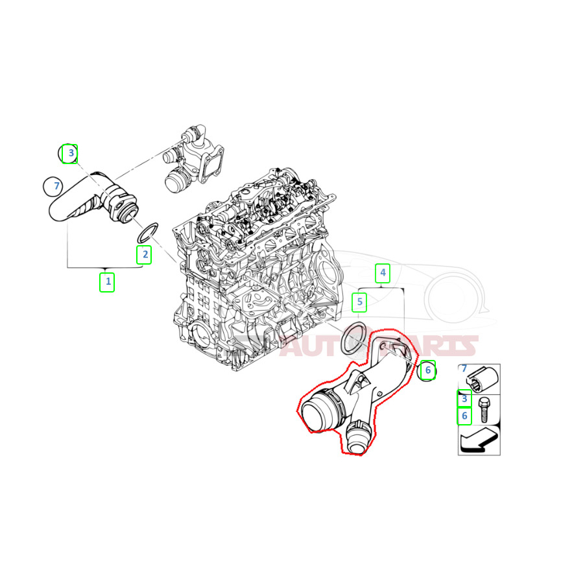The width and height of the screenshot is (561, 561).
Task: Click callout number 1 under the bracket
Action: tap(107, 282)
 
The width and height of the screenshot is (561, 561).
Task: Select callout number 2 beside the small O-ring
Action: tap(144, 255)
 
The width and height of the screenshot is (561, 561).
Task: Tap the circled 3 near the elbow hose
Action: tap(69, 154)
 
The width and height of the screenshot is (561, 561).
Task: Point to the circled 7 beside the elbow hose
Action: tap(56, 187)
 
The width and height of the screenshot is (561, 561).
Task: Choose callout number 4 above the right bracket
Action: tap(383, 273)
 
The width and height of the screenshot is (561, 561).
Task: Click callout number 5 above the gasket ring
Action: tap(359, 302)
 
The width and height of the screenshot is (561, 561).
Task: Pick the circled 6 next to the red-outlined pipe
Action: tap(427, 370)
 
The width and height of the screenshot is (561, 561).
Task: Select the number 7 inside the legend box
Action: tap(464, 368)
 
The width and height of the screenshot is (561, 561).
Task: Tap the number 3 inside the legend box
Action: tap(464, 399)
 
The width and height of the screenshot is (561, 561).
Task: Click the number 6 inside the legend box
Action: tap(464, 415)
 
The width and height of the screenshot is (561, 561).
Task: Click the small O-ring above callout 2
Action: tap(149, 232)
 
